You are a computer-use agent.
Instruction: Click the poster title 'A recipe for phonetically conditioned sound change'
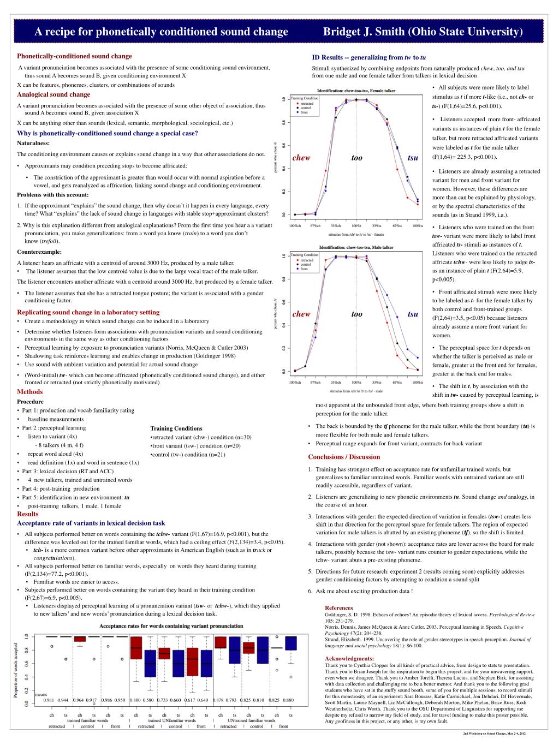click(x=161, y=32)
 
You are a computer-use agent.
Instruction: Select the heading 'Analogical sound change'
click(x=53, y=94)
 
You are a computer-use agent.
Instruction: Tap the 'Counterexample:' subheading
click(x=39, y=252)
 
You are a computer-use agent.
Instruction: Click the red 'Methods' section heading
click(x=29, y=392)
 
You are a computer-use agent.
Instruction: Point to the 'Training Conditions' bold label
click(x=176, y=428)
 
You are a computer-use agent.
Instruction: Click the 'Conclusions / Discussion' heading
click(x=344, y=457)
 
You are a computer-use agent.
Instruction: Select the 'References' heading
click(x=338, y=608)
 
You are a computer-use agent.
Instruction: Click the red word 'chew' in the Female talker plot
click(x=301, y=158)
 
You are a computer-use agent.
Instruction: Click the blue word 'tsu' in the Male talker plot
click(x=413, y=314)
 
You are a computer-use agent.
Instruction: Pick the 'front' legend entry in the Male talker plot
click(x=304, y=269)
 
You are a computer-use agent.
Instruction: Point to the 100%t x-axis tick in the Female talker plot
click(x=356, y=226)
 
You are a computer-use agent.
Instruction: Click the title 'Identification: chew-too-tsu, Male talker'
click(x=356, y=247)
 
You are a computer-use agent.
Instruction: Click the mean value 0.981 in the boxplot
click(x=49, y=700)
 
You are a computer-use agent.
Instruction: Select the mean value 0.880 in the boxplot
click(x=288, y=700)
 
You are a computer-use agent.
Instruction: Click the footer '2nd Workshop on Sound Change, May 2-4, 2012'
click(x=494, y=734)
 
